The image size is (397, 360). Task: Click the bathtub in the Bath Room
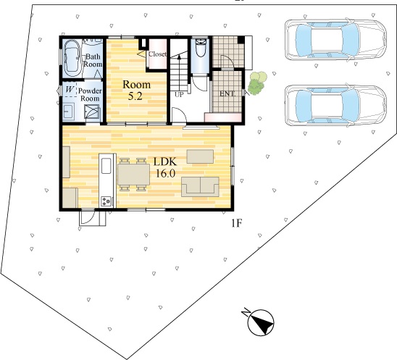pos(72,58)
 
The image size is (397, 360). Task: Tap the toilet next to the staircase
pos(201,48)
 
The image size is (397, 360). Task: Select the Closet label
pos(157,54)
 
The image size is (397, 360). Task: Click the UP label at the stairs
pos(179,95)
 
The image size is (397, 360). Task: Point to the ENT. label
pos(227,93)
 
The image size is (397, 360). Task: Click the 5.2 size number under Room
pos(135,96)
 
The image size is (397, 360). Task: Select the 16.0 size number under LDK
pos(165,173)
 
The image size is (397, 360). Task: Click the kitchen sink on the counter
pos(106,166)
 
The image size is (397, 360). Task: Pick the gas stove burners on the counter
pos(106,201)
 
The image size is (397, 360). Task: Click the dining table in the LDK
pos(133,174)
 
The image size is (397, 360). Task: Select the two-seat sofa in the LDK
pos(200,187)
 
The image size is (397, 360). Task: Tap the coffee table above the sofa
pos(200,156)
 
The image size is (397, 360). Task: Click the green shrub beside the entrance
pos(257,83)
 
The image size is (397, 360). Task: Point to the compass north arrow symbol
pos(261,322)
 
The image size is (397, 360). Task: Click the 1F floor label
pos(237,223)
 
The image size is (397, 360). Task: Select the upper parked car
pos(335,40)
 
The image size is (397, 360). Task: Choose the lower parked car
pos(335,106)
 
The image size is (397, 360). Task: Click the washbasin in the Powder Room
pos(68,111)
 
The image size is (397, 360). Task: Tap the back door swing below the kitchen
pos(88,218)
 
